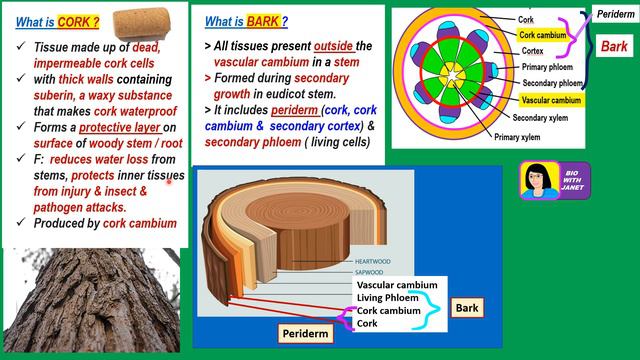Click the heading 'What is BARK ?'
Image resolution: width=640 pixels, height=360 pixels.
tap(246, 21)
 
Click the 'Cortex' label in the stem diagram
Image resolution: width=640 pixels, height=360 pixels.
tap(532, 51)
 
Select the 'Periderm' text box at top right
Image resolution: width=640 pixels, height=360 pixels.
tap(613, 15)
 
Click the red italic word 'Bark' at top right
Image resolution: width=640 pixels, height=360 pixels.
tap(613, 46)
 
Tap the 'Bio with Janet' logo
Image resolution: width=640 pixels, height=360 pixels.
tap(554, 180)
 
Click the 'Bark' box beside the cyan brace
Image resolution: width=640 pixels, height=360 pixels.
tap(468, 307)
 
